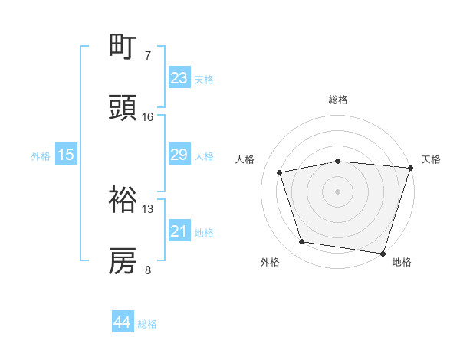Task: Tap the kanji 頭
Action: (x=123, y=110)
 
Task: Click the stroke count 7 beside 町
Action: (x=148, y=56)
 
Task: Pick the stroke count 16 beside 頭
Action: (x=148, y=117)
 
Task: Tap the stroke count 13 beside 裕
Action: (x=148, y=208)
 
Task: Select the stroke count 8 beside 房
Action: (x=148, y=270)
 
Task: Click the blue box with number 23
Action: (x=179, y=78)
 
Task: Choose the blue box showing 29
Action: (x=179, y=155)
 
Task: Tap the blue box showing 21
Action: (x=179, y=231)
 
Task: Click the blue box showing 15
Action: (x=66, y=155)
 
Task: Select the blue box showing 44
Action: (x=123, y=322)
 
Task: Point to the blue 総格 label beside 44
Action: (x=147, y=324)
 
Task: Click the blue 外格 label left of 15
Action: (x=41, y=155)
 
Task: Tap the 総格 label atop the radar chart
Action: (x=338, y=100)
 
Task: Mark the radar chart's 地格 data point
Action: (x=383, y=253)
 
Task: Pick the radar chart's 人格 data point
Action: (x=280, y=172)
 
